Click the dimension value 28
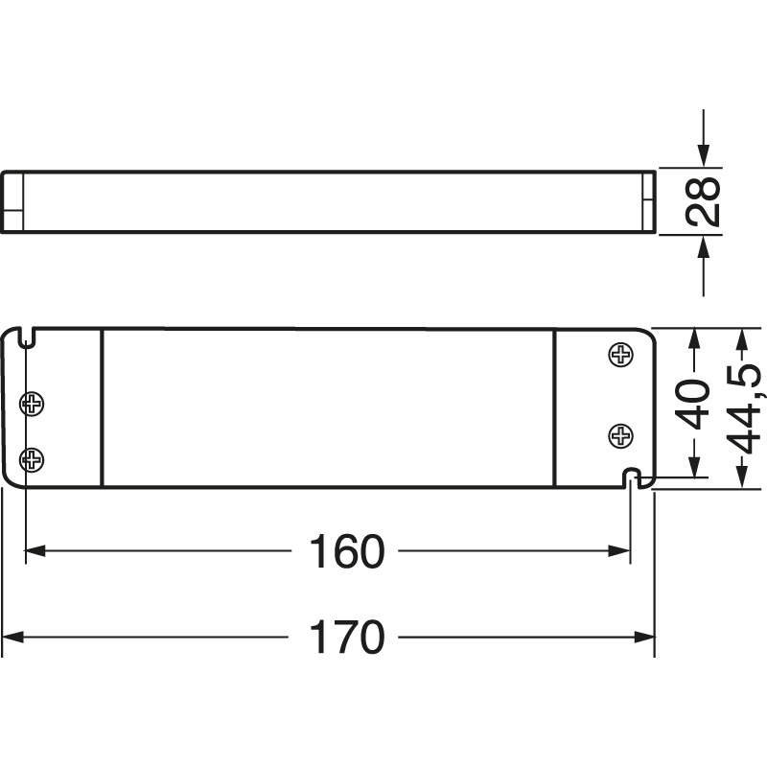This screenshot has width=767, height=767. (707, 201)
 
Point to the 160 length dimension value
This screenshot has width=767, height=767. (346, 551)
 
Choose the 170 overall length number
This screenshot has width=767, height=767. (346, 638)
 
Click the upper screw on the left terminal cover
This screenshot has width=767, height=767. (34, 403)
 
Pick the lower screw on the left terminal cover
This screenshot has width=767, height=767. (34, 459)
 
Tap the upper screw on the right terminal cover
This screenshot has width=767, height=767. (621, 355)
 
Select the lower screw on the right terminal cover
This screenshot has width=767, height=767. (621, 437)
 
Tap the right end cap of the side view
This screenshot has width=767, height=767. (648, 201)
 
